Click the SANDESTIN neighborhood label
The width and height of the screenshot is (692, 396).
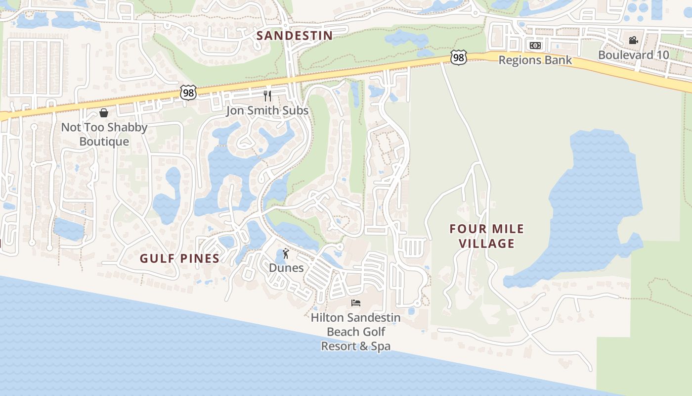295,36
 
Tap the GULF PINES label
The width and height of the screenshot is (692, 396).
179,258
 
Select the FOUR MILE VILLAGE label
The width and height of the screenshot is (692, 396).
486,236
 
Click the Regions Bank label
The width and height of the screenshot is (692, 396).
535,60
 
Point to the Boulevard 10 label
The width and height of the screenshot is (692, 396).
634,55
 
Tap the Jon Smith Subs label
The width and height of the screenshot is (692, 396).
267,110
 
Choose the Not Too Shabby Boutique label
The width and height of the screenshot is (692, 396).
104,134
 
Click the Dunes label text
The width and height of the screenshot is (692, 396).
286,268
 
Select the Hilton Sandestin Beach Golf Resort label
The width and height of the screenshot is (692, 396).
355,332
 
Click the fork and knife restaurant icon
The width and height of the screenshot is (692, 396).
267,96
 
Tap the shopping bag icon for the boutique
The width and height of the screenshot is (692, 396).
104,113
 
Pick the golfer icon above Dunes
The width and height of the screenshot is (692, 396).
286,254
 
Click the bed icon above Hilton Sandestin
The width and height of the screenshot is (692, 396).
356,303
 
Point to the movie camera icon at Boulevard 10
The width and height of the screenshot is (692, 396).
633,40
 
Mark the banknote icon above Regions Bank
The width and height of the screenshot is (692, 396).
535,46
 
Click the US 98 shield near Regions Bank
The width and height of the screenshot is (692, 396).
459,58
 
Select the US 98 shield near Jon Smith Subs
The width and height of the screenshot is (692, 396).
188,93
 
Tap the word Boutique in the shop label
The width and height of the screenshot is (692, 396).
104,142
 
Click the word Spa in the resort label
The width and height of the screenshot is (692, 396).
381,346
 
